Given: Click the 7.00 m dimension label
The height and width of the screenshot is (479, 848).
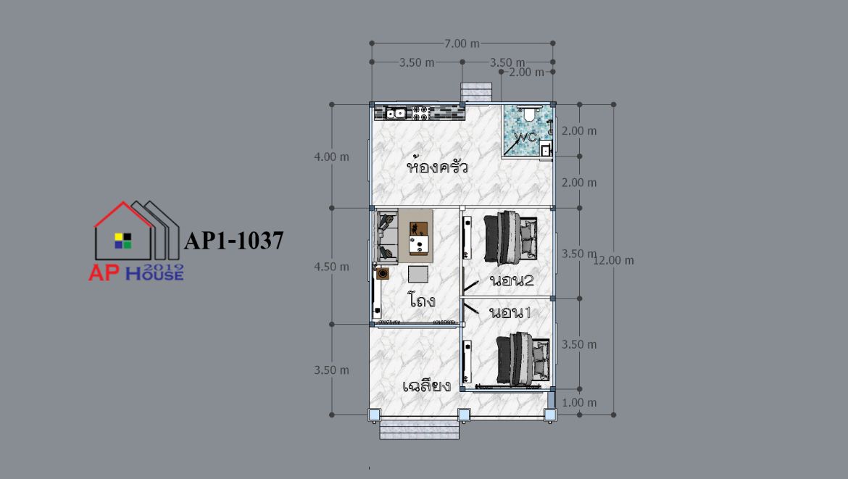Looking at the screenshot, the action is (462, 43).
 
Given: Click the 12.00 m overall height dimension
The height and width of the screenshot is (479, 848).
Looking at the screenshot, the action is (613, 260).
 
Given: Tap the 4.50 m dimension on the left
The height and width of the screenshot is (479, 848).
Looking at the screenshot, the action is (331, 267).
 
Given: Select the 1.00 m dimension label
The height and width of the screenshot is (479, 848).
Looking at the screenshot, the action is (579, 403).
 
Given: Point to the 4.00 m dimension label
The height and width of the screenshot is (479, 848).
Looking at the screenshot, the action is (331, 157).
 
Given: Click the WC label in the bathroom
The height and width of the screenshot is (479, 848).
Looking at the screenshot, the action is (525, 137).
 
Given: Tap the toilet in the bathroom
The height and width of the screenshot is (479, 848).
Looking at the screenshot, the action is (529, 114).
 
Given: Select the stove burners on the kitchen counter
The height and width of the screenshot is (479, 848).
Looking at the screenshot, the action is (421, 113).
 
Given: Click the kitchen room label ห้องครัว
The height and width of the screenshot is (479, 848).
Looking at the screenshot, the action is (437, 166).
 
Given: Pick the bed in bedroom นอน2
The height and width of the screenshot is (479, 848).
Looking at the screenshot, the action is (510, 238).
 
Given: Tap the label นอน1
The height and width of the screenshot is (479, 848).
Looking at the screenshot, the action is (510, 312).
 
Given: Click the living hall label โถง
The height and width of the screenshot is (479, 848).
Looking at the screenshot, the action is (422, 299).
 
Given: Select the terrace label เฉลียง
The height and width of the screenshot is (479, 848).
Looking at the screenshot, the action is (427, 386).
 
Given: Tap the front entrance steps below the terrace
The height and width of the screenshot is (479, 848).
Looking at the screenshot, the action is (419, 430).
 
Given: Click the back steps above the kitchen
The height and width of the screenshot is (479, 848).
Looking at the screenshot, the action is (476, 92).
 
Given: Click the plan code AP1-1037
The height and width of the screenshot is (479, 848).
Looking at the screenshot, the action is (233, 241).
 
